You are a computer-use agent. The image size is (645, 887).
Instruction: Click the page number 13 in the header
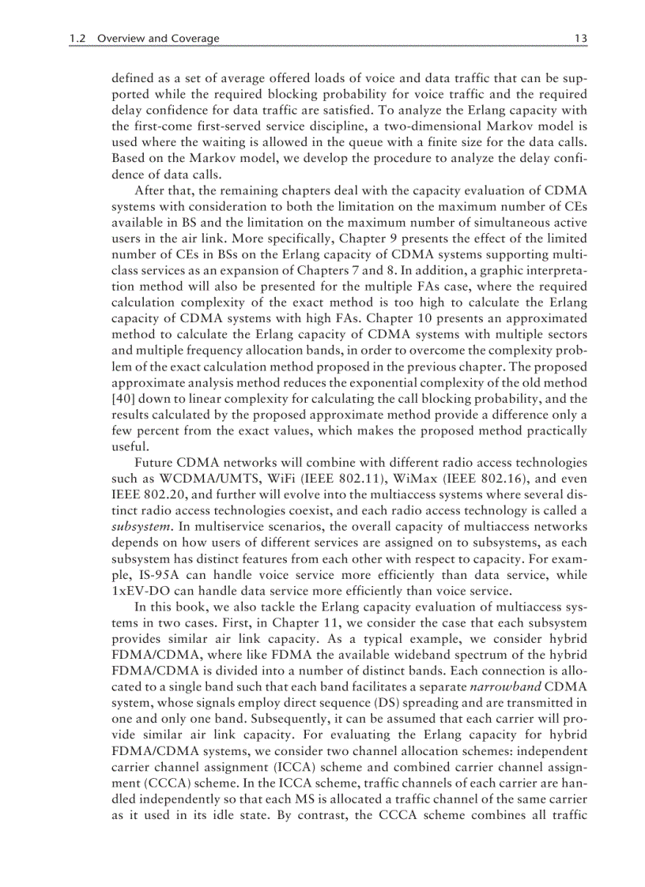(x=580, y=38)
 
